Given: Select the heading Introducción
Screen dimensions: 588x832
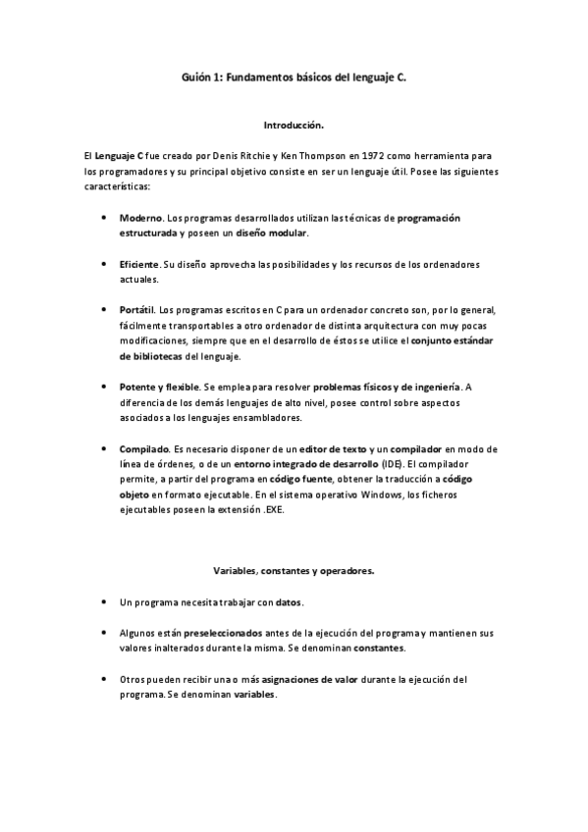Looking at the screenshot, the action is click(294, 127).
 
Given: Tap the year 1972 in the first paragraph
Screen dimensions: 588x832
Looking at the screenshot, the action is click(365, 157).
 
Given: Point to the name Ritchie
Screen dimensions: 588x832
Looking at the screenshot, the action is click(255, 157).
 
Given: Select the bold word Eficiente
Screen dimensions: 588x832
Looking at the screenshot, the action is click(139, 266).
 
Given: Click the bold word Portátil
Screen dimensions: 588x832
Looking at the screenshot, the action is click(136, 310).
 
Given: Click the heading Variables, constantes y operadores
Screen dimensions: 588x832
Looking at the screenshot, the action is click(294, 569).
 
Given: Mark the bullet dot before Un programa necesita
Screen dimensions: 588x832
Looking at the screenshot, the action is click(104, 600).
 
